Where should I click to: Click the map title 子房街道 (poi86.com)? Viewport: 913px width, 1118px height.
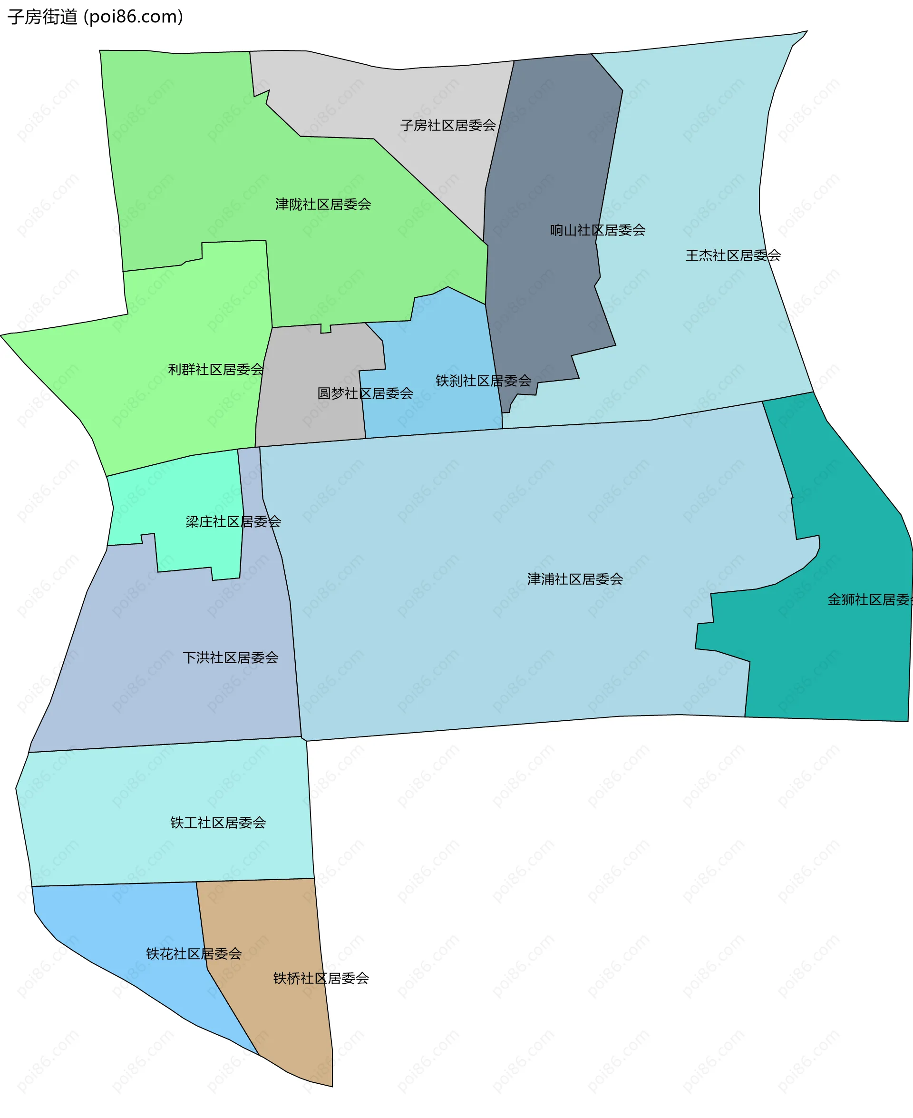pos(95,17)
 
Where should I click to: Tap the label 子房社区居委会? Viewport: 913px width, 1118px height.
pos(447,125)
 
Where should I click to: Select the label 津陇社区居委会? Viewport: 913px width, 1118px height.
pos(323,204)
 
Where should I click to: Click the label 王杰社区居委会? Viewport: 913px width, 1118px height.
pos(733,255)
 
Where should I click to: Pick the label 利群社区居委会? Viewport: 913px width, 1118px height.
pos(215,369)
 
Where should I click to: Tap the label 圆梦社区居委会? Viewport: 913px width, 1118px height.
pos(365,393)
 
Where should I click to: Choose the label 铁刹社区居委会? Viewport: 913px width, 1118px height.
pos(483,381)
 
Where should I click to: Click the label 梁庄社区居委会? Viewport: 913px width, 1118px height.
pos(233,521)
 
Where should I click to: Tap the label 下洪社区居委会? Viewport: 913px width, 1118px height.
pos(230,657)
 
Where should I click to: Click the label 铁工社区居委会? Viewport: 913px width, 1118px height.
pos(218,822)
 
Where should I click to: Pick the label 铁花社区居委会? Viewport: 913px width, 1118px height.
pos(194,954)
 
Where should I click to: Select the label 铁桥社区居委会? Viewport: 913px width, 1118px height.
pos(321,978)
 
